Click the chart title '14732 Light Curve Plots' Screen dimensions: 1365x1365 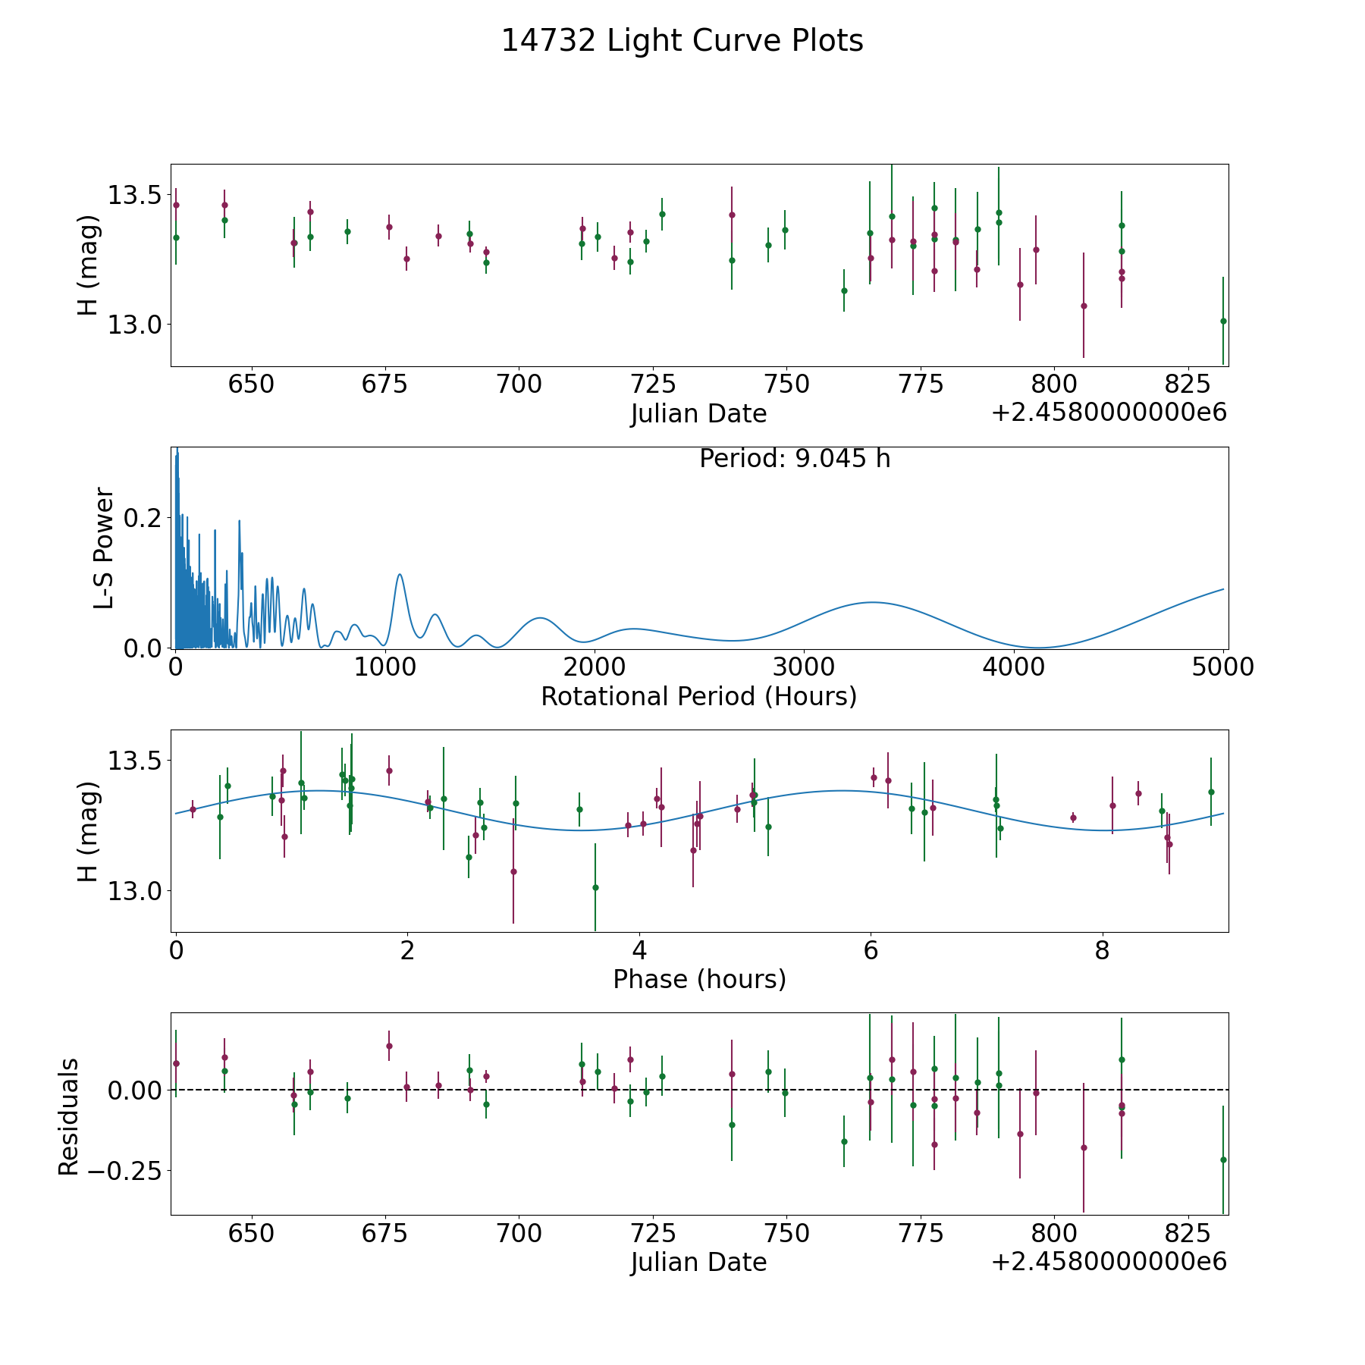point(682,41)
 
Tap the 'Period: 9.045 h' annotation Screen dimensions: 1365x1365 point(794,459)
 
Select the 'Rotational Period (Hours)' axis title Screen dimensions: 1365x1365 point(698,696)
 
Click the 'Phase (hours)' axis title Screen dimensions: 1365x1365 point(698,979)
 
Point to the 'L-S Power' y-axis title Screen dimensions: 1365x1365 point(104,548)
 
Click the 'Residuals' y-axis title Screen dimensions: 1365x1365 point(68,1116)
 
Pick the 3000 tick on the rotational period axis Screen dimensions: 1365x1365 point(803,667)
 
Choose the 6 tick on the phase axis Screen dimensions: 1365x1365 point(871,950)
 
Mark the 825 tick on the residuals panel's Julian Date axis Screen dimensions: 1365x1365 point(1188,1233)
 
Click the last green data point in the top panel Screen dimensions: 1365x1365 point(1223,321)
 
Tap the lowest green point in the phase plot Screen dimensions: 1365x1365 point(595,887)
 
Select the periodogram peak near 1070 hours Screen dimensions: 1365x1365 point(400,575)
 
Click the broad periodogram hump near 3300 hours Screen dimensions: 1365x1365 point(872,602)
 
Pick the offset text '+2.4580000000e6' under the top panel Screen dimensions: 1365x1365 point(1109,413)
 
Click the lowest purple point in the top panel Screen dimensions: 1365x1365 point(1084,306)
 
